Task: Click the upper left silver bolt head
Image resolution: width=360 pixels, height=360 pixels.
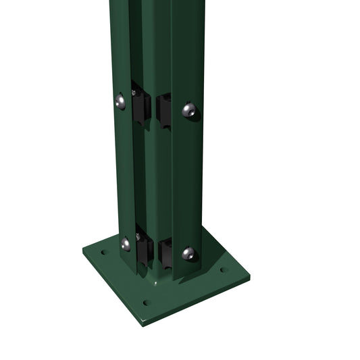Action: (120, 101)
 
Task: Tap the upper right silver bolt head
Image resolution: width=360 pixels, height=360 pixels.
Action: (190, 111)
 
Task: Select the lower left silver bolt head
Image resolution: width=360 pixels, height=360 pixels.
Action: (126, 244)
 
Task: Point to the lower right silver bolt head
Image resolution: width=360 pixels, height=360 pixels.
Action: (190, 254)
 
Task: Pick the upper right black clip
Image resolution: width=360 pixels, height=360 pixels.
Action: (164, 109)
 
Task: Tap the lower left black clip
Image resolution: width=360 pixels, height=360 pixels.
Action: (144, 249)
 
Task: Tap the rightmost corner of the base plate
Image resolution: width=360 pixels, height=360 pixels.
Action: (249, 276)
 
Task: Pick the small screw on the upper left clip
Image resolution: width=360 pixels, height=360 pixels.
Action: (134, 93)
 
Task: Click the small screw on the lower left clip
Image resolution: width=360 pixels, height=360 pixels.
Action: (138, 236)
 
